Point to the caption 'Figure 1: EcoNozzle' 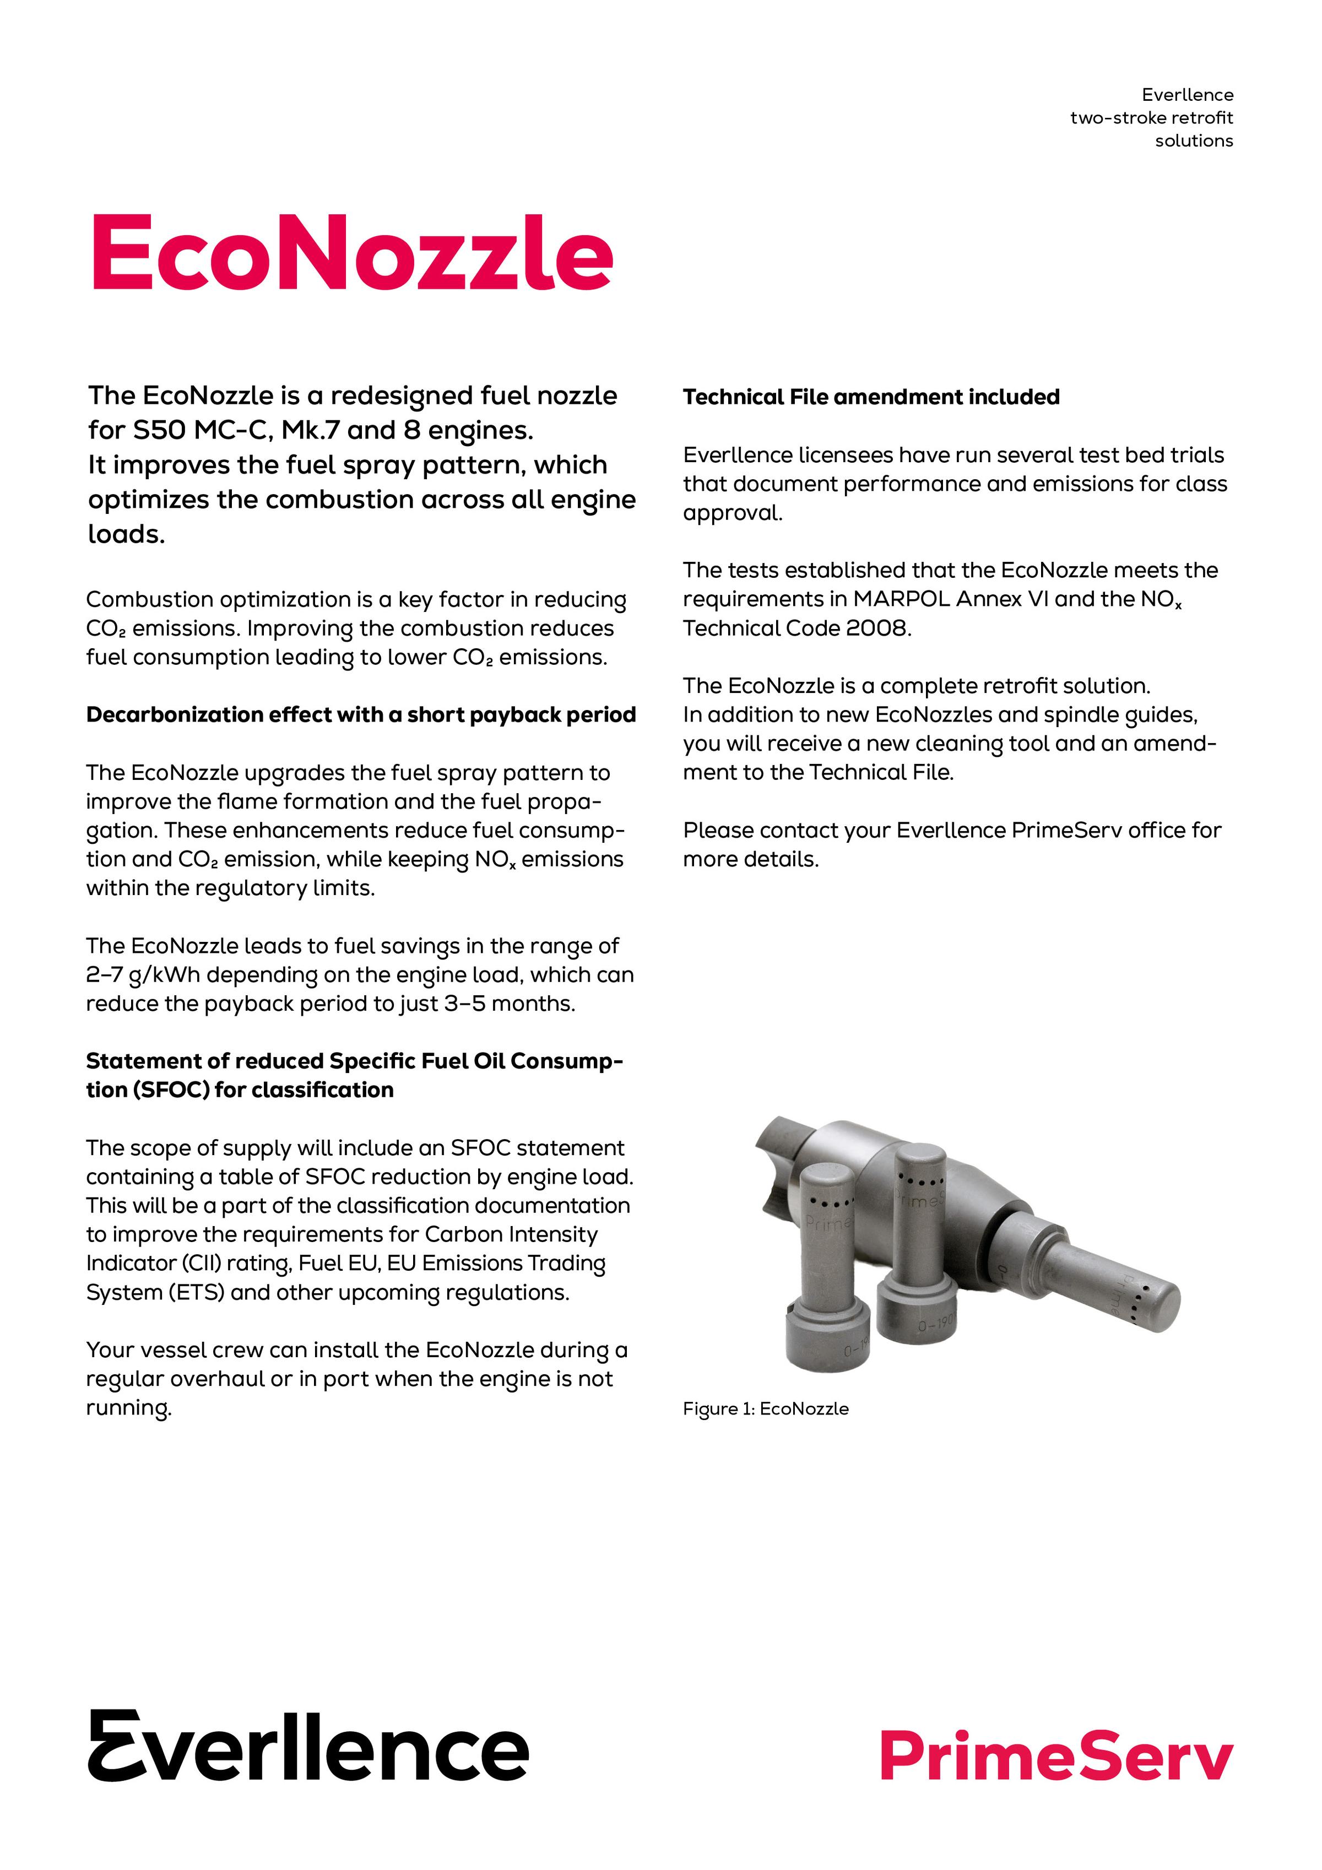pyautogui.click(x=765, y=1408)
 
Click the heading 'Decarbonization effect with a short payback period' pyautogui.click(x=361, y=714)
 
